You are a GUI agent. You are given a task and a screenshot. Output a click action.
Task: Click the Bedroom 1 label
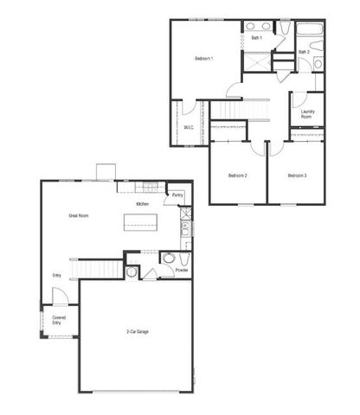tap(204, 58)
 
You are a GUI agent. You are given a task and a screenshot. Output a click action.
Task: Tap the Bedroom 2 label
tap(238, 176)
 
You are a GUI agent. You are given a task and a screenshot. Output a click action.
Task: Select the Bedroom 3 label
tap(297, 176)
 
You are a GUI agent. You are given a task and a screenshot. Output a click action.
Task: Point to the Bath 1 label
tap(257, 38)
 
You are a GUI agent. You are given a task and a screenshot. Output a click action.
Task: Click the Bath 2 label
tap(304, 52)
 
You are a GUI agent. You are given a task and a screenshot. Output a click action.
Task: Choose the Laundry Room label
tap(307, 113)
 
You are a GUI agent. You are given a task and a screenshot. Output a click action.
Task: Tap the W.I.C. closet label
tap(189, 127)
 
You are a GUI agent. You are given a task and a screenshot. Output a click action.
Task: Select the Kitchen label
tap(143, 204)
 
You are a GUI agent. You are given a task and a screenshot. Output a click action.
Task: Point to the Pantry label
tap(177, 195)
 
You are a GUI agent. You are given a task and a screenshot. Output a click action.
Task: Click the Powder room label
tap(182, 270)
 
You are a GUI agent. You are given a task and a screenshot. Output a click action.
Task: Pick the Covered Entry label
tap(59, 320)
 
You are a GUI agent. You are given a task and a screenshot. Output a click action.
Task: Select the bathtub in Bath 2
tap(310, 33)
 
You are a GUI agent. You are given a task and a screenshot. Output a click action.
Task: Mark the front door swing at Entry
tap(57, 295)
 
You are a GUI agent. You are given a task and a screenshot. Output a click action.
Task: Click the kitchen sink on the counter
tap(184, 229)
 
